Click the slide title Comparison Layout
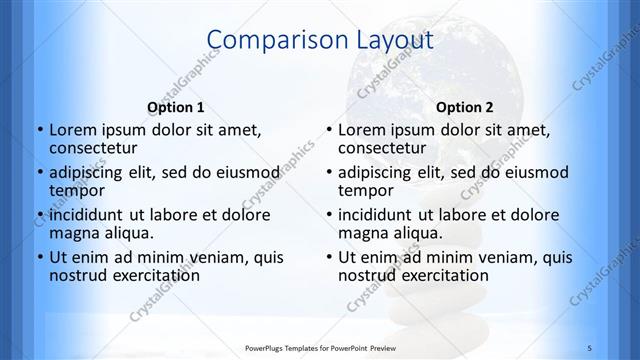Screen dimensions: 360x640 [x=319, y=41]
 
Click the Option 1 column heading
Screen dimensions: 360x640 [x=176, y=107]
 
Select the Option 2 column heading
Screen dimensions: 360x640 [x=465, y=107]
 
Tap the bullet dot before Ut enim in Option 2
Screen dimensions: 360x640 [x=328, y=257]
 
